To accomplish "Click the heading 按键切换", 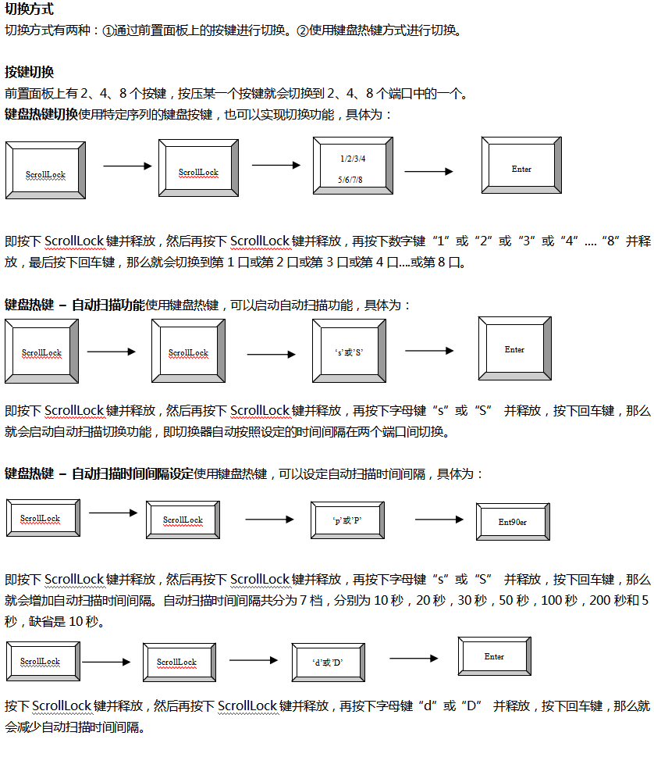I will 29,73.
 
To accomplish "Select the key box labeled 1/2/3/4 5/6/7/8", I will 351,168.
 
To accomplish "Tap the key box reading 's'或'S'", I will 349,352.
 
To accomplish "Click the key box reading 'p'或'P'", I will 347,520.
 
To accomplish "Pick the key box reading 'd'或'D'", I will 328,663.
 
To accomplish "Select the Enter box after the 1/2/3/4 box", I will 521,169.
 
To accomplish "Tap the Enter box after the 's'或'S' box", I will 514,349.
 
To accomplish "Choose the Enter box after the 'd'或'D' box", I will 494,656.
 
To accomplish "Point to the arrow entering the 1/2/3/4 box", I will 275,165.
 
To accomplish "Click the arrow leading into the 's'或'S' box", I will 271,355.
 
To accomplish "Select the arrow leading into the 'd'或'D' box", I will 253,660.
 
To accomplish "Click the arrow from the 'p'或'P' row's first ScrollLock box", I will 112,513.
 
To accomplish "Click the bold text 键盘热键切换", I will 41,114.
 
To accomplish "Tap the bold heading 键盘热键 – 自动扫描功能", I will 75,305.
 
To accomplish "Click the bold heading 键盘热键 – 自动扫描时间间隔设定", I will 98,473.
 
